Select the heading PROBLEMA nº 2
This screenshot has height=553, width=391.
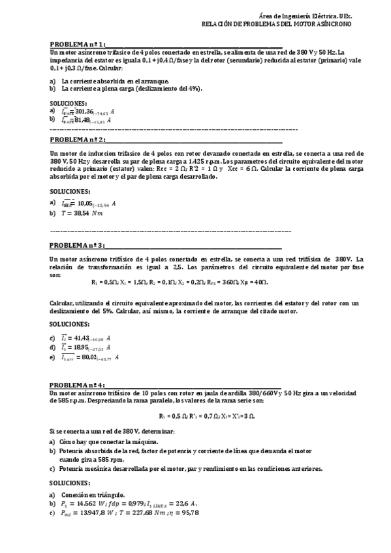click(78, 140)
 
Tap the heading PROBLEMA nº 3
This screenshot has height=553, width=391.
click(78, 245)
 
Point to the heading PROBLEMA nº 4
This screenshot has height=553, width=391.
click(78, 385)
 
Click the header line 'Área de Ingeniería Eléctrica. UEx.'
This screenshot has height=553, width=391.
click(306, 14)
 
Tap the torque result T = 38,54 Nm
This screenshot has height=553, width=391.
click(82, 213)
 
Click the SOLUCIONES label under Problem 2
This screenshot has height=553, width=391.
click(69, 191)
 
